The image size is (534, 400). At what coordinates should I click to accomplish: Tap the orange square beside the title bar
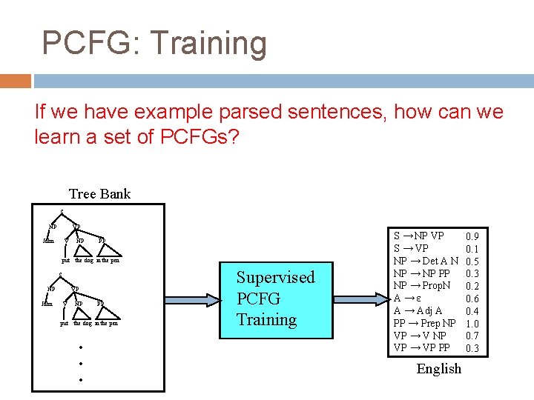(16, 81)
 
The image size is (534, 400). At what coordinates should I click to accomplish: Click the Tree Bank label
(99, 194)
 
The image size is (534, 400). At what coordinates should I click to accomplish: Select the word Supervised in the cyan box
(275, 278)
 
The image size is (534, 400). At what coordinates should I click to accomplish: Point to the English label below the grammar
(438, 369)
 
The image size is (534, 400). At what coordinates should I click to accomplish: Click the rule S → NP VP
(419, 236)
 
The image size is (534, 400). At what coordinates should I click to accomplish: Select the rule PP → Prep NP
(425, 324)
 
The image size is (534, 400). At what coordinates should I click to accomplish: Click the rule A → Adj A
(419, 311)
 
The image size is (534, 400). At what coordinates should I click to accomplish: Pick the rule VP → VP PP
(421, 348)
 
